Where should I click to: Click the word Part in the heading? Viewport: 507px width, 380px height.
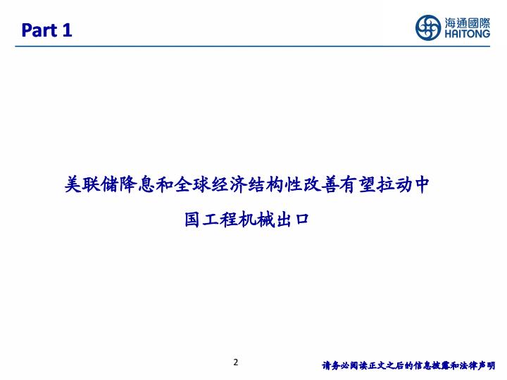pos(39,30)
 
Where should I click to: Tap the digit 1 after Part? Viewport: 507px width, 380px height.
pos(67,30)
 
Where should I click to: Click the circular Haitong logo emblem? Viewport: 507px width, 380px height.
pos(428,27)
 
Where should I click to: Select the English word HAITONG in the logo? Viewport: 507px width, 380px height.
pos(468,34)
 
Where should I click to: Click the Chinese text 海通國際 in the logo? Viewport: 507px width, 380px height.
pos(468,23)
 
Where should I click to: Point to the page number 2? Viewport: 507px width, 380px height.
pos(236,362)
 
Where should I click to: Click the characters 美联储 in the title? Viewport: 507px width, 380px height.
pos(92,185)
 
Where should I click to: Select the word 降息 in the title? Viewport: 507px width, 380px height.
pos(137,185)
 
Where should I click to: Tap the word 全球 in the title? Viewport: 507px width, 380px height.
pos(192,185)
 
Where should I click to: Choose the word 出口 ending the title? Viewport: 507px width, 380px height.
pos(292,220)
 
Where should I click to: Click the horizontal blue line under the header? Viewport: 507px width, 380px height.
pos(253,46)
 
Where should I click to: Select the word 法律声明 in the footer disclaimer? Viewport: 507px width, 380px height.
pos(477,365)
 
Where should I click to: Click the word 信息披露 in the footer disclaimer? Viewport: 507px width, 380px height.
pos(431,365)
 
